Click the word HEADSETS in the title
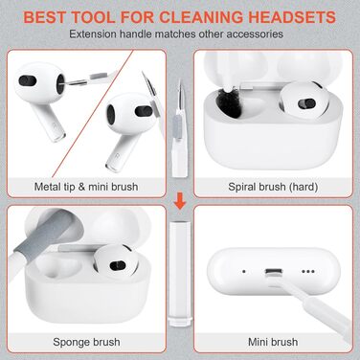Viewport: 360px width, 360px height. click(x=292, y=17)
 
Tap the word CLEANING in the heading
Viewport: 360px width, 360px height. click(x=202, y=17)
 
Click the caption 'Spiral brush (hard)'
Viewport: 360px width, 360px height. click(x=273, y=187)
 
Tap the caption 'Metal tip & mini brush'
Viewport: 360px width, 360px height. click(x=86, y=187)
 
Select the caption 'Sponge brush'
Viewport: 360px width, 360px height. click(x=86, y=342)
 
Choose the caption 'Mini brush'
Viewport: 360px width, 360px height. click(x=273, y=342)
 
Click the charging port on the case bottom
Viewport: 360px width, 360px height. click(x=274, y=272)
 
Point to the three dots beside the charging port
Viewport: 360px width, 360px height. click(x=308, y=272)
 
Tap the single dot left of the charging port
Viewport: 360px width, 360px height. click(x=244, y=272)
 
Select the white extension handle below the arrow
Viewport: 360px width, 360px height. click(x=180, y=273)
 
